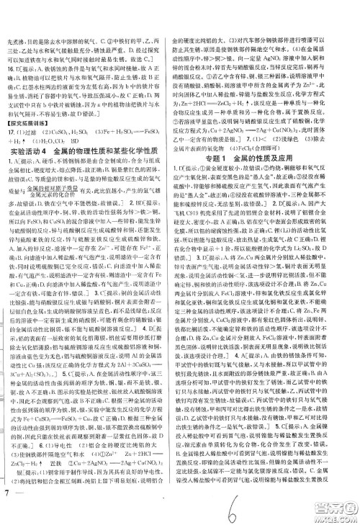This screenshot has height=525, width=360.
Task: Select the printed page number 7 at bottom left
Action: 7,512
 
